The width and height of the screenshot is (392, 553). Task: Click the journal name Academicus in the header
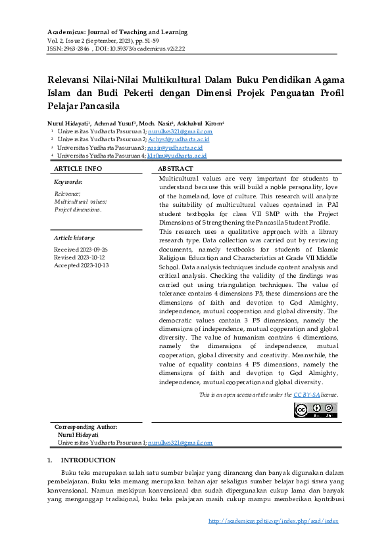68,32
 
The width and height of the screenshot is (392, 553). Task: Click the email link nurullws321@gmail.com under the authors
176,132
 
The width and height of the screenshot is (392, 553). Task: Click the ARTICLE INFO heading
77,169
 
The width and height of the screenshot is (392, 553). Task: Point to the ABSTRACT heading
175,169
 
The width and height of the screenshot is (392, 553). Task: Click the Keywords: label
68,181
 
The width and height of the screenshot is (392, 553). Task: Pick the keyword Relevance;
67,194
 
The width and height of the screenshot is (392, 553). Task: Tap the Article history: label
74,238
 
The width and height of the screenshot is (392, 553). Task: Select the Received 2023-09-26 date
81,250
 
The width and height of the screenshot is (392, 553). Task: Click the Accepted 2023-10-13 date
81,265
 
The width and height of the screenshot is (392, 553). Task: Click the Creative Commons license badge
315,410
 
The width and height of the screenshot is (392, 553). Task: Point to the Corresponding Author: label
86,428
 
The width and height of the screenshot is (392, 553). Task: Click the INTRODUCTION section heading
87,460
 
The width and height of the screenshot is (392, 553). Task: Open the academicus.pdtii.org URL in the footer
273,521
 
